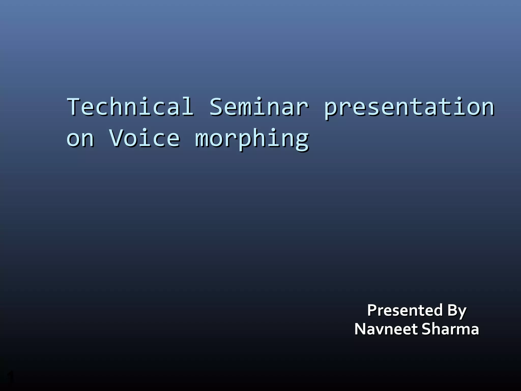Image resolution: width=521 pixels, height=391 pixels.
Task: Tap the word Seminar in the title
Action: [259, 107]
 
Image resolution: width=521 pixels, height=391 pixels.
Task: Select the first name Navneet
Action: [386, 329]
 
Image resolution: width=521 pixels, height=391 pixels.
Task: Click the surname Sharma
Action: [450, 329]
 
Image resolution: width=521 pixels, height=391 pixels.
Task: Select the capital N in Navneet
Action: [361, 329]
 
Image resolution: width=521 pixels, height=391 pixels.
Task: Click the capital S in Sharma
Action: [427, 329]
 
